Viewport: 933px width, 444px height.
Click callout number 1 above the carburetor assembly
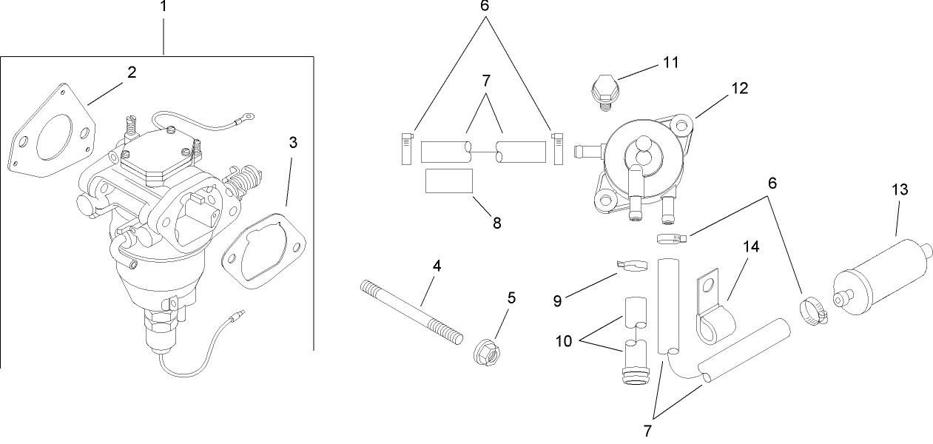coord(164,7)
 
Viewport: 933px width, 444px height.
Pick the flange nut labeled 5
coord(486,350)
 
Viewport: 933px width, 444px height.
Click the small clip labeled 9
coord(625,263)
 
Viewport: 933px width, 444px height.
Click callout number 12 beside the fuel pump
coord(739,89)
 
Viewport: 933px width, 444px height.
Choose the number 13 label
coord(900,190)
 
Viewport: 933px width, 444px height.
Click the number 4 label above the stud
coord(437,266)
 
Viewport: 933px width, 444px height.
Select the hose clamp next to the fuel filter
coord(813,311)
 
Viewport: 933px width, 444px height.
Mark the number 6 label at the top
coord(485,7)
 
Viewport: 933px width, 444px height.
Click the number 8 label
coord(496,223)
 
